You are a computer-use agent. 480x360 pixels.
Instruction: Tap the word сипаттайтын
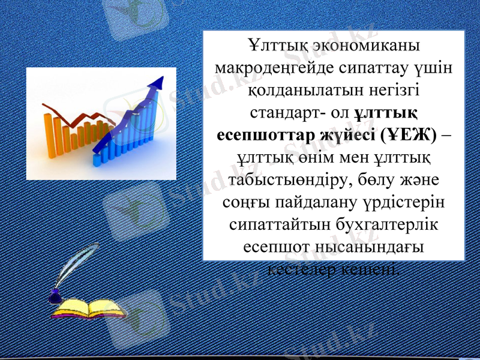click(x=282, y=225)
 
